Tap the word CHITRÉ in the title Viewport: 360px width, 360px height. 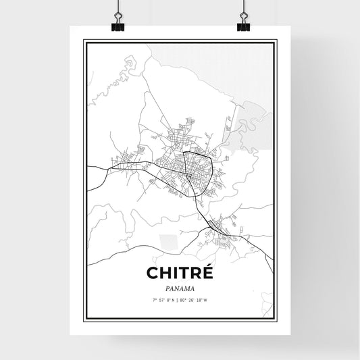179,273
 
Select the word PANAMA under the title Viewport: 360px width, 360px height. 180,286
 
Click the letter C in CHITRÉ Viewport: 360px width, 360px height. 152,273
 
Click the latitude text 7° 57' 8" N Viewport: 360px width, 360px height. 163,299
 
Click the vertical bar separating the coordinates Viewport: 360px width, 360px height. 180,299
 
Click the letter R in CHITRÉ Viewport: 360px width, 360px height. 195,273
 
